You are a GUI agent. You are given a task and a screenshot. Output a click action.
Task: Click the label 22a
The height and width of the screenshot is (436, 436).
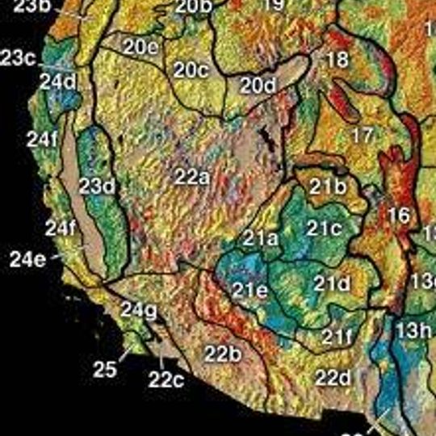[193, 175]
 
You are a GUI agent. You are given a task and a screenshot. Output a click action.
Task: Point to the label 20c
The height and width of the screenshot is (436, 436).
[191, 70]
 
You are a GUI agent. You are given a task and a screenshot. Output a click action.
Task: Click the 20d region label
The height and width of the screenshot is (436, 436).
[258, 84]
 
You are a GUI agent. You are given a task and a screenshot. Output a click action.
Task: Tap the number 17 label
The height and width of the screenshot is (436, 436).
[364, 134]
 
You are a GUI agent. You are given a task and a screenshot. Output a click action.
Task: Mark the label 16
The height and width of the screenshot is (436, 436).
[399, 215]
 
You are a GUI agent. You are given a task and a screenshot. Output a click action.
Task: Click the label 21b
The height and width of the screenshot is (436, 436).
[328, 187]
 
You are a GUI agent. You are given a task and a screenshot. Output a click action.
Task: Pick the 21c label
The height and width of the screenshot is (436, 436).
[325, 228]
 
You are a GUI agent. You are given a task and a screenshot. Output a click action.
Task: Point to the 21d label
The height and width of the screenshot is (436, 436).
[332, 283]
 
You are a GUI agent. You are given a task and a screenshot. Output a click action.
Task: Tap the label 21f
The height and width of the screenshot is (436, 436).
[337, 336]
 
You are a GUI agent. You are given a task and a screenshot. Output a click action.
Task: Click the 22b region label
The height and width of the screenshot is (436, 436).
[222, 354]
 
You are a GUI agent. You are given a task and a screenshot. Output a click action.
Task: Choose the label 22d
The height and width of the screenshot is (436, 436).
[333, 376]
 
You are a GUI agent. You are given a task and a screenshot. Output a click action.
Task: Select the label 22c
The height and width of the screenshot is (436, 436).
[166, 379]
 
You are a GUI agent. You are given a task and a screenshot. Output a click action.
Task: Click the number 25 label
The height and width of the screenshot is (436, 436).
[105, 370]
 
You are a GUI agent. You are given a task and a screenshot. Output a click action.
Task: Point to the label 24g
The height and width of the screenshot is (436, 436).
[139, 309]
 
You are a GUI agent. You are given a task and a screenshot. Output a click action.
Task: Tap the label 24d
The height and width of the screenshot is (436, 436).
[58, 82]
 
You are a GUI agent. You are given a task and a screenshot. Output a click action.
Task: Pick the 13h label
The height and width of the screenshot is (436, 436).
[413, 329]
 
